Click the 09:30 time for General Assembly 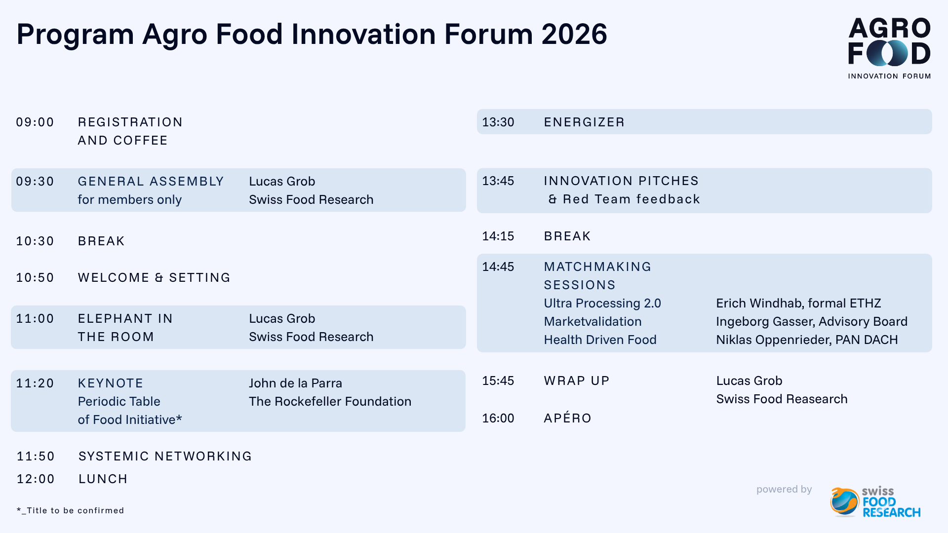[35, 181]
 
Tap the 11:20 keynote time [35, 383]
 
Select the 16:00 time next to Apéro [498, 418]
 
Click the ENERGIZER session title [584, 122]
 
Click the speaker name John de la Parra [295, 383]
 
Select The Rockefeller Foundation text [330, 401]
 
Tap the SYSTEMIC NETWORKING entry [165, 456]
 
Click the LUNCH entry [103, 479]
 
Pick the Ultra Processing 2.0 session [602, 303]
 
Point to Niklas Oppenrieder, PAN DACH [807, 340]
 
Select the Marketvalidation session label [592, 321]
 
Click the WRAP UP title [577, 381]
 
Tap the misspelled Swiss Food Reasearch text [782, 399]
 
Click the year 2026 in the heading [574, 34]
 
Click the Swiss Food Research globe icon [844, 502]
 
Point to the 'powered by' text [784, 489]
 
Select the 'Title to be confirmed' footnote [70, 510]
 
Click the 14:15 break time [498, 236]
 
